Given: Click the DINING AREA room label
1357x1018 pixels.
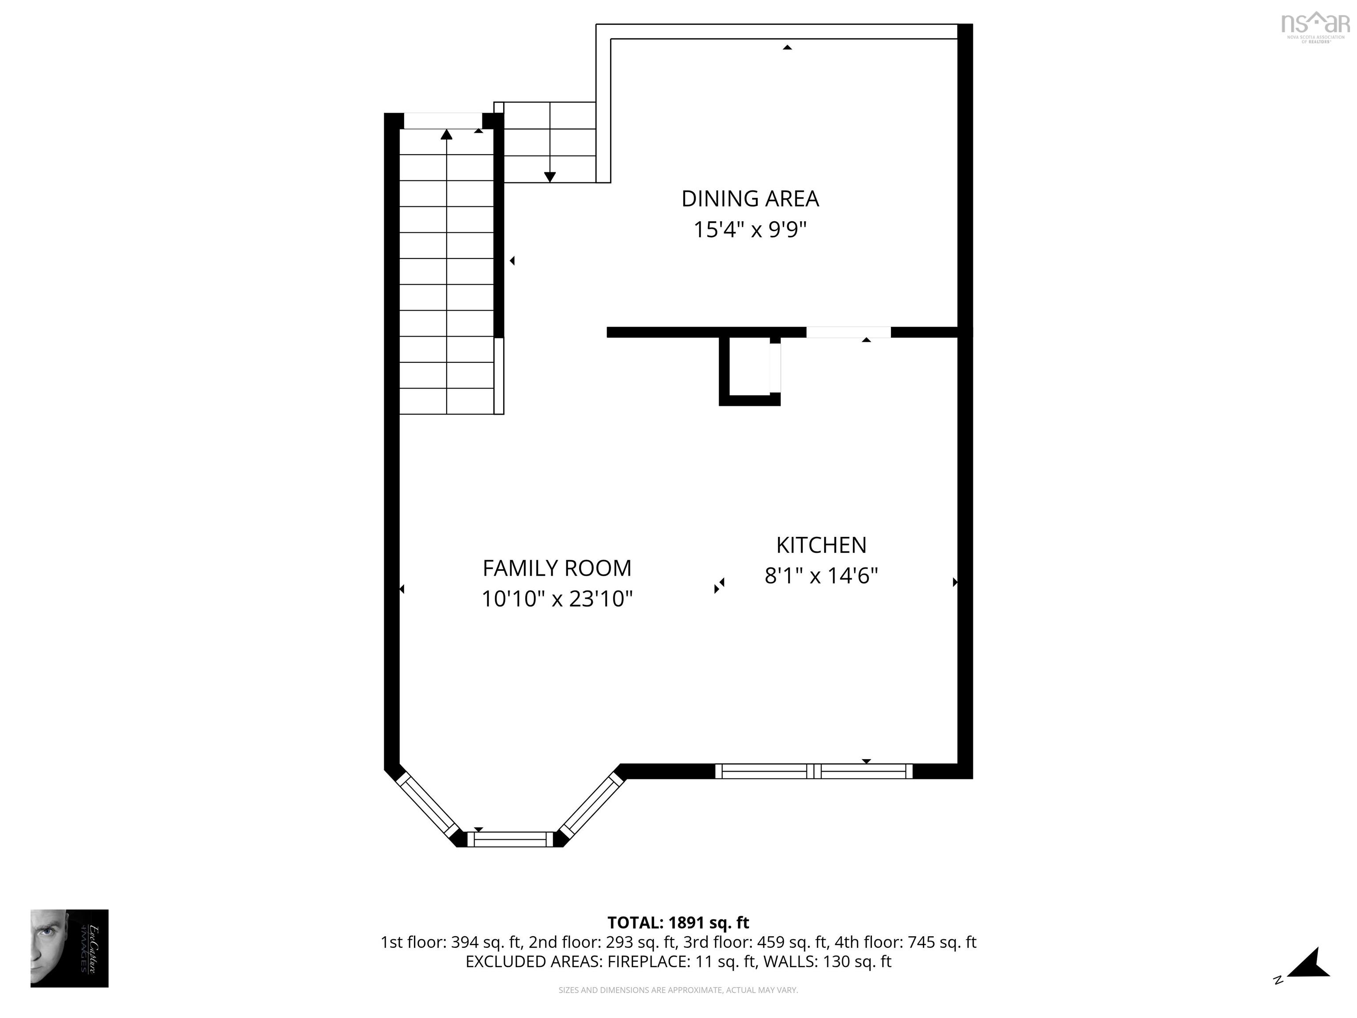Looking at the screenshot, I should (x=750, y=199).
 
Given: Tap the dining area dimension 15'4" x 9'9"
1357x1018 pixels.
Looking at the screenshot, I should (x=750, y=230).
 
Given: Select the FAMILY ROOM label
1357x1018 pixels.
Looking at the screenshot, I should (x=557, y=568).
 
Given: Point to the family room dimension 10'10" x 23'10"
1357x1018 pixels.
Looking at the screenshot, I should (x=557, y=599).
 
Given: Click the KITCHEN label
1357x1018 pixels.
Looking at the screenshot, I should (x=821, y=545).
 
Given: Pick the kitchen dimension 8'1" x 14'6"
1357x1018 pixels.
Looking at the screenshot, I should (x=821, y=576).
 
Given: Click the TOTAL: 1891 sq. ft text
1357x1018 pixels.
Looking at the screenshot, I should (x=678, y=922).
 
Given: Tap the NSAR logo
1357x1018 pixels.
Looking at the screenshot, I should (x=1315, y=26).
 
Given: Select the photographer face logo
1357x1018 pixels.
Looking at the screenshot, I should (x=69, y=948).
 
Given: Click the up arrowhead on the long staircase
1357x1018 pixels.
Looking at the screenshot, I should (x=447, y=134).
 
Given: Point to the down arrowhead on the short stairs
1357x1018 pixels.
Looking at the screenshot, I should (x=550, y=177).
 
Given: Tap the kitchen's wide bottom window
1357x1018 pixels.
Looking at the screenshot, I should (x=814, y=771).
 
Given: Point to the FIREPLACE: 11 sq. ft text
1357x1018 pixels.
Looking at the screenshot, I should (x=681, y=961).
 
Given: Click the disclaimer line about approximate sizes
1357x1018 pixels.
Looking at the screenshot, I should (x=678, y=990).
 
